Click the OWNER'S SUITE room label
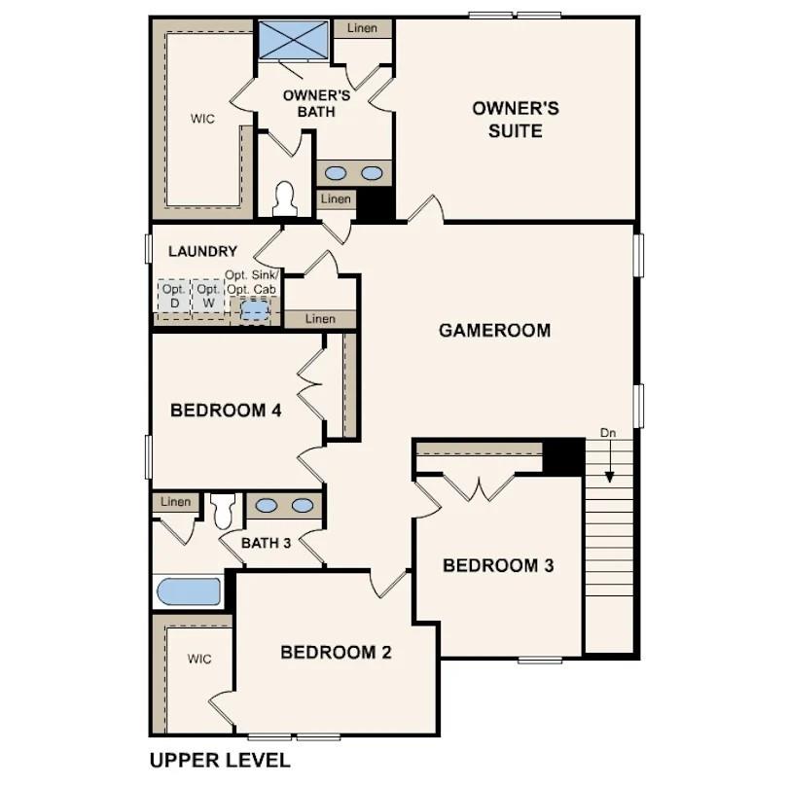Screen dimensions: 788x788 516,119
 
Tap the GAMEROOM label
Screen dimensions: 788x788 494,331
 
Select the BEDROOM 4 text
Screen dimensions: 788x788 226,411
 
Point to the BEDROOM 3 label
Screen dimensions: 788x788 498,565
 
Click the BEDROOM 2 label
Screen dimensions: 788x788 336,652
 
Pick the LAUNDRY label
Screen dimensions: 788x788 202,251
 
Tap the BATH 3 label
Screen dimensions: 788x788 267,543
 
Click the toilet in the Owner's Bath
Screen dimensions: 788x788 285,198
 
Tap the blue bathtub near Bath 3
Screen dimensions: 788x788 189,591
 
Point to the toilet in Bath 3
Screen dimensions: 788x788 223,508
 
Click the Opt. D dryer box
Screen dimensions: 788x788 173,296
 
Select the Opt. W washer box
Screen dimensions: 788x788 207,296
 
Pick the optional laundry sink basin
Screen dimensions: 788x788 255,309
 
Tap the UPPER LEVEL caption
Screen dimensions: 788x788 219,760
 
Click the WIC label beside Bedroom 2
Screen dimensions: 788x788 199,659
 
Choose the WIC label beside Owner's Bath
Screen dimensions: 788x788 202,119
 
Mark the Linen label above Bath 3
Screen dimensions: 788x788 176,502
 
